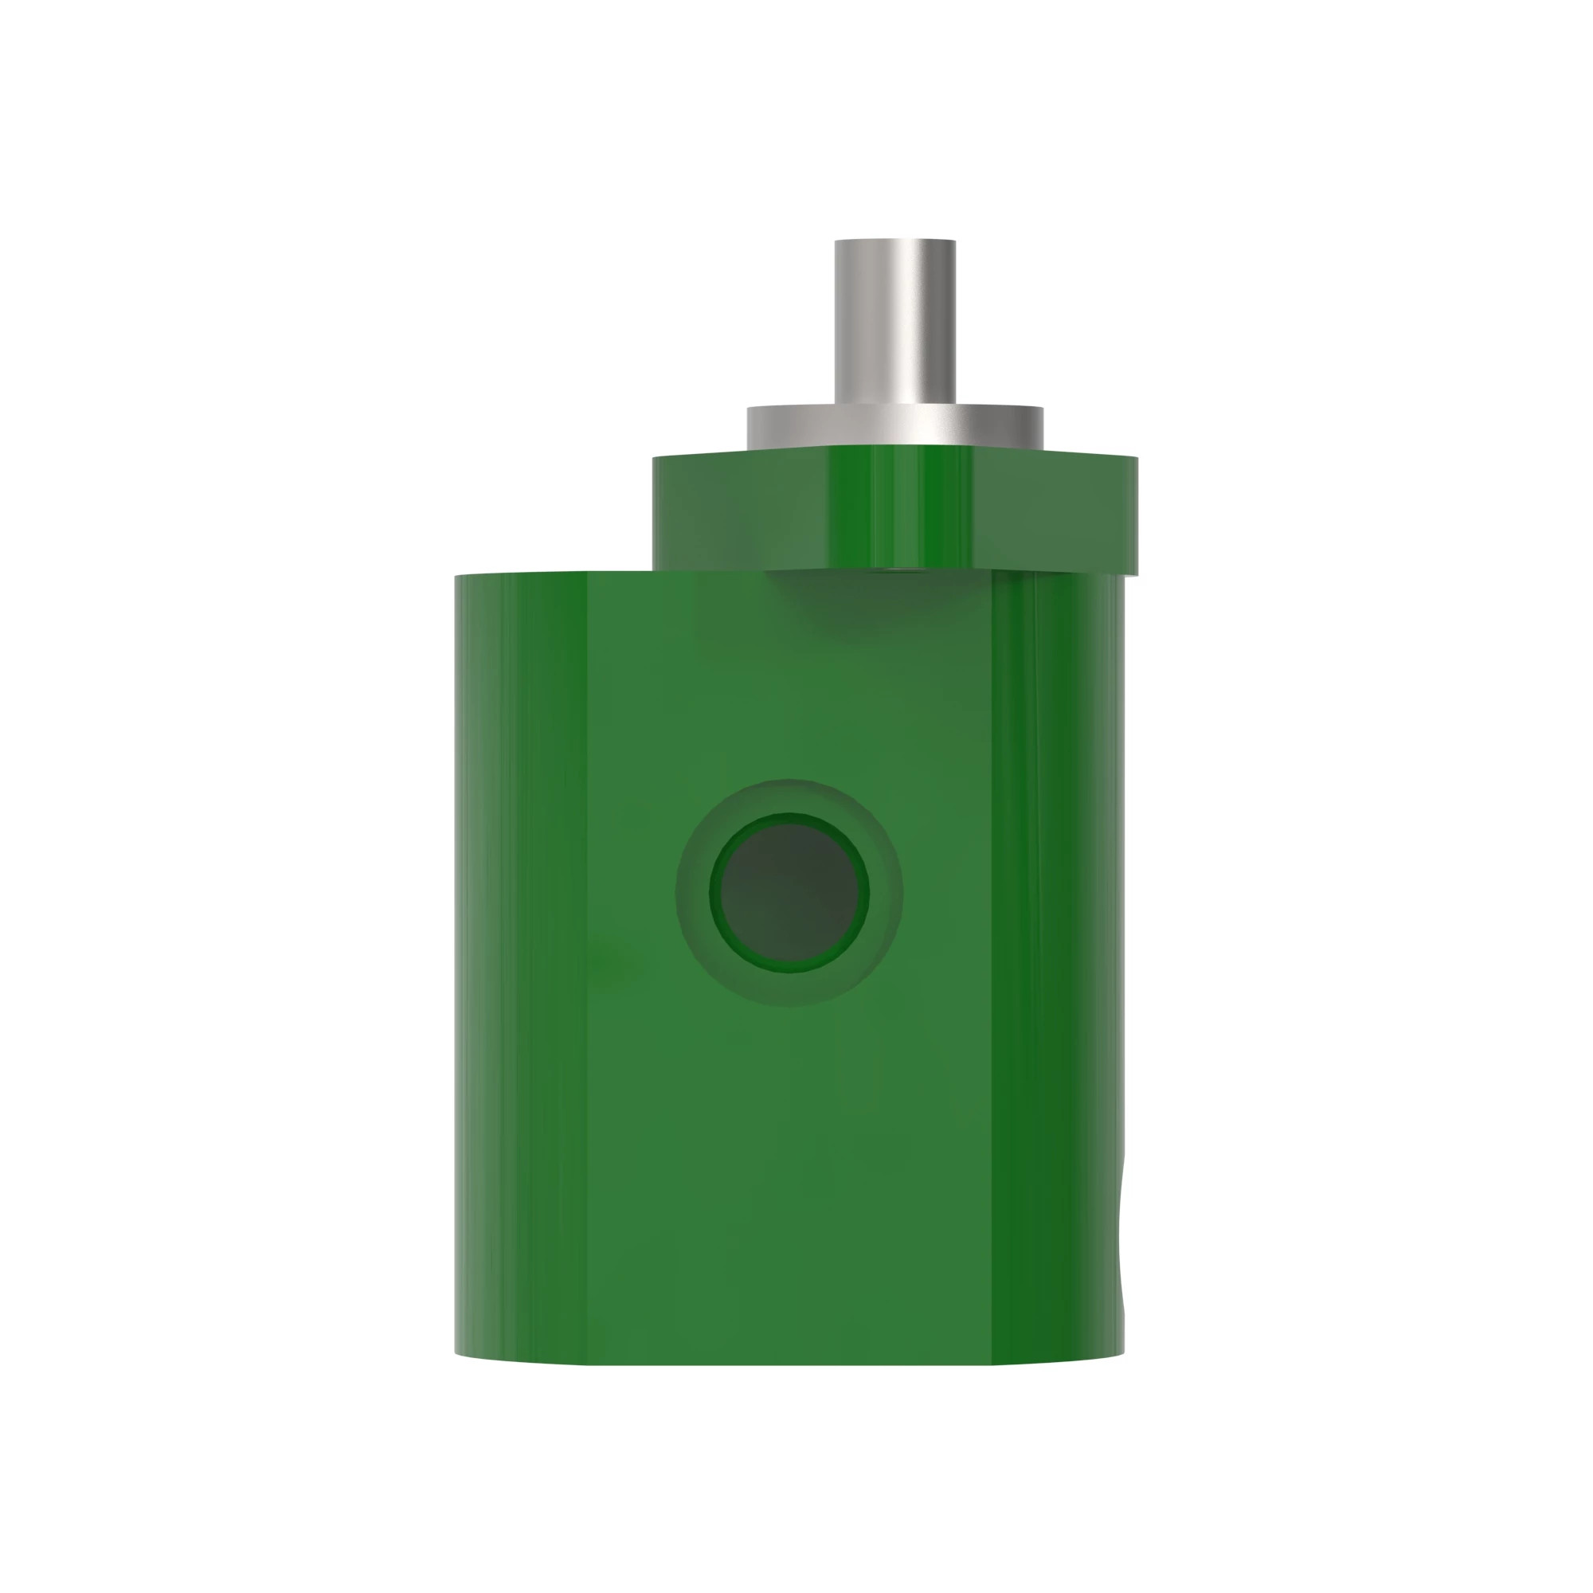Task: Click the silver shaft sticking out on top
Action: (x=894, y=330)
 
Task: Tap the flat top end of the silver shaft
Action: (x=894, y=242)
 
